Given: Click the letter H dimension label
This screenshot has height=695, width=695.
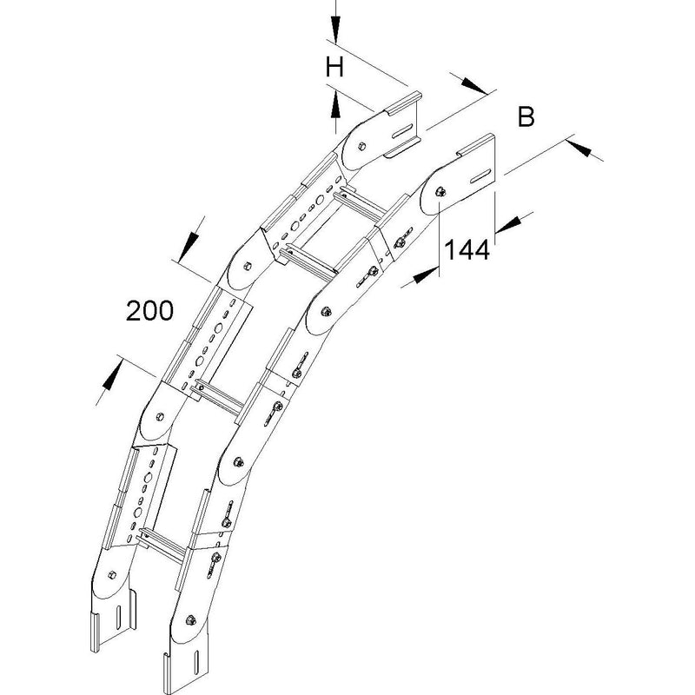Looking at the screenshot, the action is tap(334, 68).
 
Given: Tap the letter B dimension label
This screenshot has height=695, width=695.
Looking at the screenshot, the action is tap(526, 117).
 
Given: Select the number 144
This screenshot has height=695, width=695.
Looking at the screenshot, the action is tap(467, 249).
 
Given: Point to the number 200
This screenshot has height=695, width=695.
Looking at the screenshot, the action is tap(149, 311).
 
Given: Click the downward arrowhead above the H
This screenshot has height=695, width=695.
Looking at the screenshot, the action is tap(335, 30).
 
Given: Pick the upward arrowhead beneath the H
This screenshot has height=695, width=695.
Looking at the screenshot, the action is tap(335, 104).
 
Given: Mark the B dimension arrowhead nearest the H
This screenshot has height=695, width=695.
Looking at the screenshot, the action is tap(473, 85).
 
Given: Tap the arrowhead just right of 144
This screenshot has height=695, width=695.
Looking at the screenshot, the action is tap(508, 225).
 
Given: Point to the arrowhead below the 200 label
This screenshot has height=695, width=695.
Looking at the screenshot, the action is tap(112, 375).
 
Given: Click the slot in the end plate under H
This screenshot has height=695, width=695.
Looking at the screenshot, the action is tap(400, 132).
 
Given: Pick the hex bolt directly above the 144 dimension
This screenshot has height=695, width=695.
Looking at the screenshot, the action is tap(440, 191).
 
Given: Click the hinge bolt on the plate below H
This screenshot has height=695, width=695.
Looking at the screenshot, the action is tap(361, 145).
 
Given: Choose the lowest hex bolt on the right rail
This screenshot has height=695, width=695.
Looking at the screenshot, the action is tap(191, 620).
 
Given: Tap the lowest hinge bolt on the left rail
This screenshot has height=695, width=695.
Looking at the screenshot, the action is tap(111, 573).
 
